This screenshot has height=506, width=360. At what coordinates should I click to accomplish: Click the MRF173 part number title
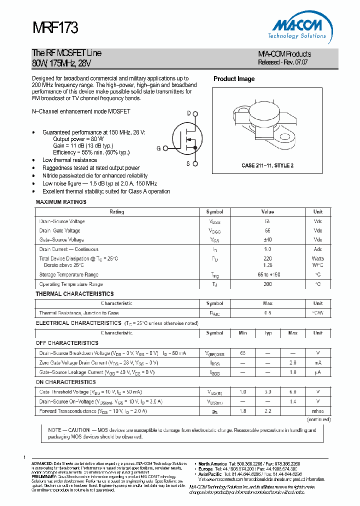pyautogui.click(x=55, y=28)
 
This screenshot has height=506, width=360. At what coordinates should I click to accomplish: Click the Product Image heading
pyautogui.click(x=234, y=79)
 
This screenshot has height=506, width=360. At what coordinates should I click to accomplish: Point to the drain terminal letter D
pyautogui.click(x=189, y=113)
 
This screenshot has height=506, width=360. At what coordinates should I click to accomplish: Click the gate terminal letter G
pyautogui.click(x=158, y=148)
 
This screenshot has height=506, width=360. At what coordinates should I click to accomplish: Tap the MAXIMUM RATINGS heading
pyautogui.click(x=61, y=202)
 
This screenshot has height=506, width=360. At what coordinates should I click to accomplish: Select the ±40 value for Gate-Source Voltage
pyautogui.click(x=267, y=240)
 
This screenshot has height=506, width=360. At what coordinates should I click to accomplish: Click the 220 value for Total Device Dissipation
pyautogui.click(x=267, y=258)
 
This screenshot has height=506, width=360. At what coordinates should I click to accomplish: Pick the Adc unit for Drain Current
pyautogui.click(x=318, y=249)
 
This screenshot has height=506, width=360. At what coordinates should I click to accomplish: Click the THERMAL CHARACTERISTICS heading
pyautogui.click(x=74, y=294)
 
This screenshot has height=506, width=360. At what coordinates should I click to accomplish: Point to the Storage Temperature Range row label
pyautogui.click(x=69, y=274)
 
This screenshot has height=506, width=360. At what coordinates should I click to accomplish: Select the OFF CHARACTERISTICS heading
pyautogui.click(x=67, y=343)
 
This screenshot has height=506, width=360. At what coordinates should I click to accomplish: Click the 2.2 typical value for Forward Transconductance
pyautogui.click(x=267, y=411)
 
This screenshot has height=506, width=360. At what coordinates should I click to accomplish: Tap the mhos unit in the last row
pyautogui.click(x=317, y=411)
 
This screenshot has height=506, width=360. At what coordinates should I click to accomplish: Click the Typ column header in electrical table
pyautogui.click(x=267, y=333)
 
